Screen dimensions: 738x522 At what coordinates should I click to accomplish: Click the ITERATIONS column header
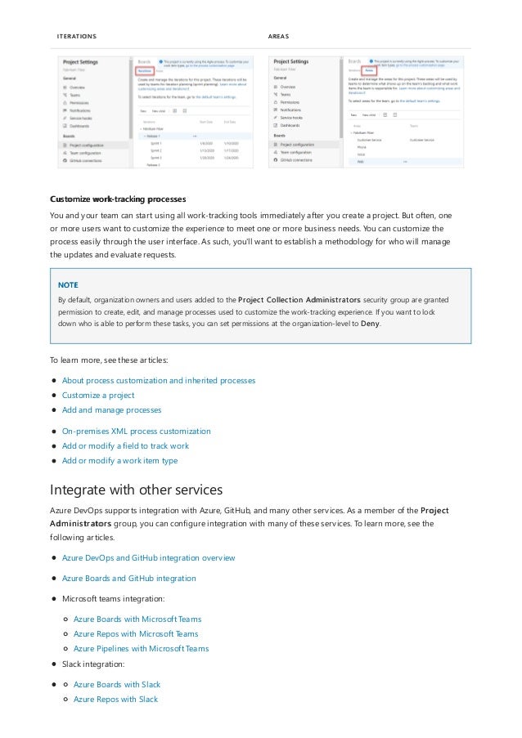point(76,37)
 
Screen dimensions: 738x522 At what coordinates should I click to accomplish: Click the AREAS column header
point(278,37)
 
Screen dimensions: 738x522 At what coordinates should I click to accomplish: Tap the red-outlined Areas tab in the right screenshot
point(370,70)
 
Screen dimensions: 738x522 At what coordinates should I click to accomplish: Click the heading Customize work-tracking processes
point(118,199)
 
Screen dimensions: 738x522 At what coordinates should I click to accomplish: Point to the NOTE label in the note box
point(67,285)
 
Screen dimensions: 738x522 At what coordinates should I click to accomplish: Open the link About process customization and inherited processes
point(159,380)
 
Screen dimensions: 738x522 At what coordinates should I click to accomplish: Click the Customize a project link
point(98,395)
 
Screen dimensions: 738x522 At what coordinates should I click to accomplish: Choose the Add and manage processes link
point(111,409)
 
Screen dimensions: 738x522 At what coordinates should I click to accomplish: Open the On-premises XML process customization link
point(136,431)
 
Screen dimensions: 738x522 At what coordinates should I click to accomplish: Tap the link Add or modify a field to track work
point(125,445)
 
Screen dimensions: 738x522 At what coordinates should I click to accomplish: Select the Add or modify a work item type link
point(119,460)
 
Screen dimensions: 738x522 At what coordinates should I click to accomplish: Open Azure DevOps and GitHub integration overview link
point(148,557)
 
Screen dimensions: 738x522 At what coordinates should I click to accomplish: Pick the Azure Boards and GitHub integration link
point(128,578)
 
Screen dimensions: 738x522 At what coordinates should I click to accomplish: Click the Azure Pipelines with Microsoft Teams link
point(141,648)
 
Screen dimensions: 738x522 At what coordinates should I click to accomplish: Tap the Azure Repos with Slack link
point(115,699)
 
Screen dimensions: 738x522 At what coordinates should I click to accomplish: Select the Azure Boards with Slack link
point(117,684)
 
